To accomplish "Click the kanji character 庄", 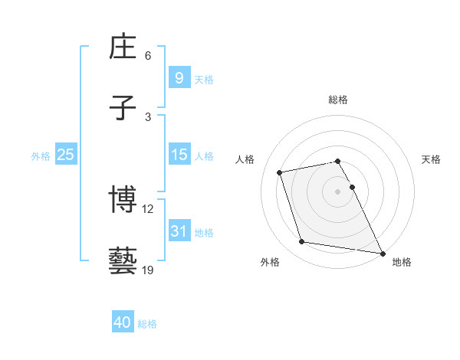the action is pos(123,48).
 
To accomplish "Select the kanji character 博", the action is pos(123,201).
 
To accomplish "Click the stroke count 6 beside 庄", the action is pos(148,56).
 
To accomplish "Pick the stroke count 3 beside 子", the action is pos(148,116).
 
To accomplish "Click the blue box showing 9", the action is pos(179,78).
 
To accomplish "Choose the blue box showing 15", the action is pos(179,155).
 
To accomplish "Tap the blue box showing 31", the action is pos(179,231).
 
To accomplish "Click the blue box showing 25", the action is pos(66,155).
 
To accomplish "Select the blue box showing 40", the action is pos(123,323).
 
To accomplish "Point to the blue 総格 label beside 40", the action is pos(147,324).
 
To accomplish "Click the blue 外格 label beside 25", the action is pos(41,155).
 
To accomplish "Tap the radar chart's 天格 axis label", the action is pos(431,159).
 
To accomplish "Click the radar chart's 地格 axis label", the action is pos(402,262).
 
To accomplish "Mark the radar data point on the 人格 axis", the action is pos(280,172).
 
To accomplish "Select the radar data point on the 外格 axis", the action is pos(302,242).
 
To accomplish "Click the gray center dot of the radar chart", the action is pos(337,191).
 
